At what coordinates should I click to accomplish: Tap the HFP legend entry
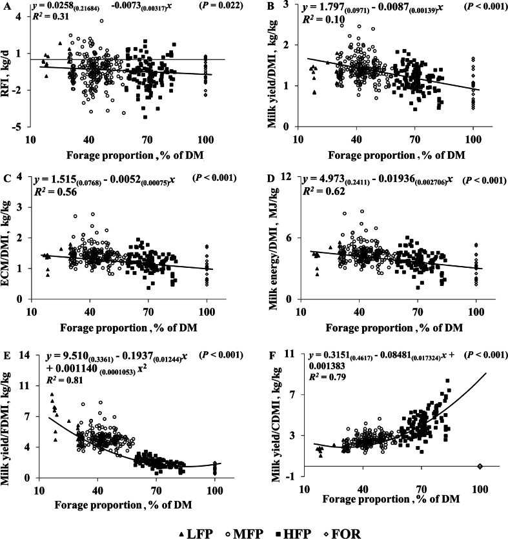(294, 533)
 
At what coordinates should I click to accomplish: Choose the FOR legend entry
(343, 533)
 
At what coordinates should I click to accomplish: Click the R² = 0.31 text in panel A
(50, 16)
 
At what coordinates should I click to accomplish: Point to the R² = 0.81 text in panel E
(65, 380)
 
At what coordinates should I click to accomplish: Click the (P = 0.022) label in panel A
(221, 6)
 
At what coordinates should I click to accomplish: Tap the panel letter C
(6, 178)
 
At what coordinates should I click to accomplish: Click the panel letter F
(272, 355)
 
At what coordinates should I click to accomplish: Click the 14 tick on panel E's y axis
(24, 355)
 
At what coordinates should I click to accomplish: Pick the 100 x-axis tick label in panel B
(473, 139)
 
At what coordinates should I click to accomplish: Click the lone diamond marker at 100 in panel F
(480, 466)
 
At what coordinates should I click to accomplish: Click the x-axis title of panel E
(123, 505)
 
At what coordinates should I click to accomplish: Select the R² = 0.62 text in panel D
(323, 191)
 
